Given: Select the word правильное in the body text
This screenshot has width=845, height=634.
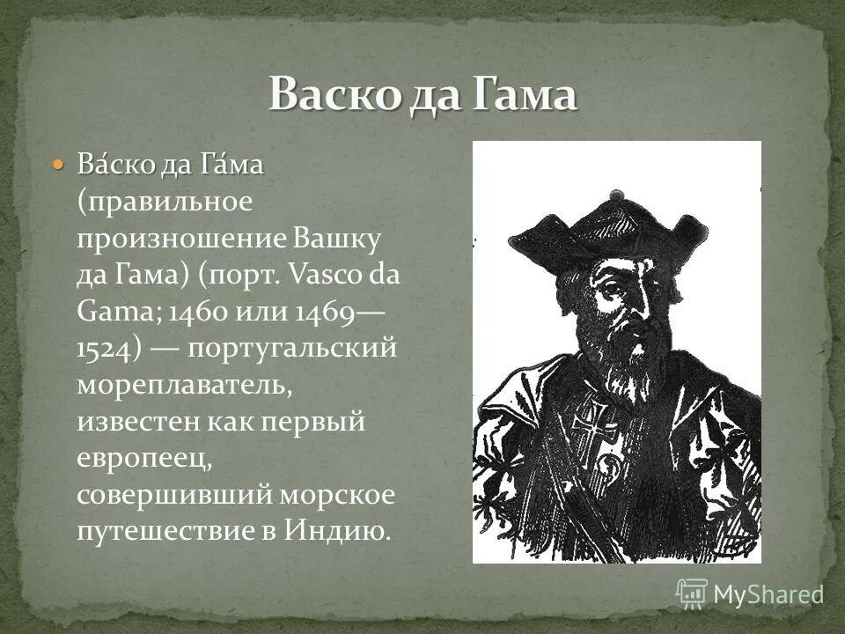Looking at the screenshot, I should [170, 202].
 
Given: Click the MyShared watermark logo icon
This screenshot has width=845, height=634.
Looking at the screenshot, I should [692, 593].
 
